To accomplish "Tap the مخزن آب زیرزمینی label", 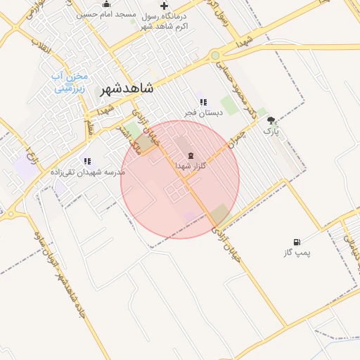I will tap(71, 82).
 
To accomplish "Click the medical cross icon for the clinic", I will tap(164, 6).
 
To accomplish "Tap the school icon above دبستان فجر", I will tap(203, 102).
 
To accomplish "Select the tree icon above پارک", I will tap(271, 120).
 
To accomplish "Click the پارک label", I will tap(271, 131).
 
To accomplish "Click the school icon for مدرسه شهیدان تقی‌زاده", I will tap(87, 161).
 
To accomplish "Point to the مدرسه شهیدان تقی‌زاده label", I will tap(87, 172).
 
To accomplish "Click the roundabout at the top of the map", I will tap(214, 55).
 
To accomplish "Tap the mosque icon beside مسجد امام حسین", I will tap(106, 4).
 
